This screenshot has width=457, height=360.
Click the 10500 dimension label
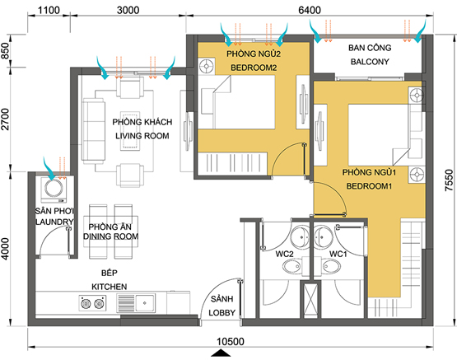pyautogui.click(x=231, y=341)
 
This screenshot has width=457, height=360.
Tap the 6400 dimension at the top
pyautogui.click(x=310, y=10)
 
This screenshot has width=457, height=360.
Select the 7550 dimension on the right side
pyautogui.click(x=450, y=180)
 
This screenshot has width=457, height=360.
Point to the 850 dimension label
pyautogui.click(x=6, y=51)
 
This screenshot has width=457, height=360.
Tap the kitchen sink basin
pyautogui.click(x=145, y=303)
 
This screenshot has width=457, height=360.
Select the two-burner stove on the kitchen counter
pyautogui.click(x=92, y=303)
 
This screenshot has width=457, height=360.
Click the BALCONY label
pyautogui.click(x=370, y=62)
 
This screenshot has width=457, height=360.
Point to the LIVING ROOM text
pyautogui.click(x=142, y=136)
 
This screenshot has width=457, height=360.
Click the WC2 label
pyautogui.click(x=284, y=254)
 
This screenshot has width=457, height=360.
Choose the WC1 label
pyautogui.click(x=338, y=254)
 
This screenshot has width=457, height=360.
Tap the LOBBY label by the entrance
pyautogui.click(x=222, y=313)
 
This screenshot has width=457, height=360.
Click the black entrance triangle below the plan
pyautogui.click(x=221, y=353)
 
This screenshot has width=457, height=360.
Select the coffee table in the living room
pyautogui.click(x=130, y=130)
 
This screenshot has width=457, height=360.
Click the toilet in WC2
pyautogui.click(x=291, y=266)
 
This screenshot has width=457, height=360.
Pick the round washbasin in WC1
pyautogui.click(x=324, y=236)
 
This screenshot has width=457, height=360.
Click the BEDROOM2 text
pyautogui.click(x=254, y=68)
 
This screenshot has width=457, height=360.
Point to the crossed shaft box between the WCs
pyautogui.click(x=310, y=299)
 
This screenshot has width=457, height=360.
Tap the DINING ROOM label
pyautogui.click(x=111, y=236)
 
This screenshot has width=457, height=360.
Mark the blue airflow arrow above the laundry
pyautogui.click(x=49, y=169)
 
